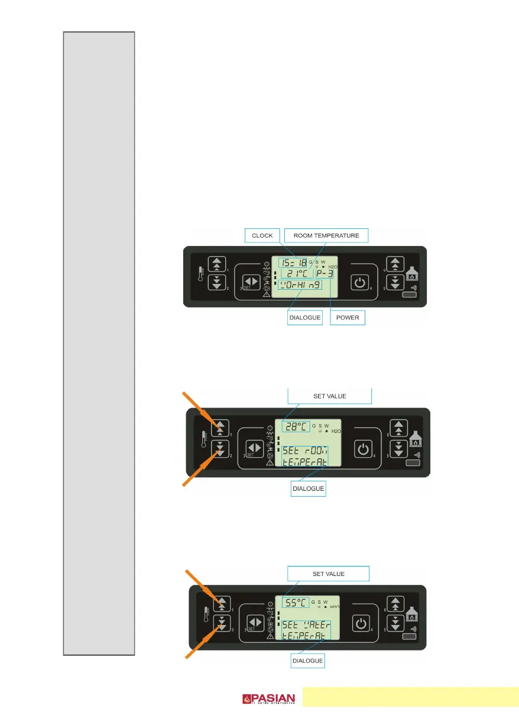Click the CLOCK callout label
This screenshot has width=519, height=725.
[262, 235]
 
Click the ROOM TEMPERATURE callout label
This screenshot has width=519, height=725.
[326, 235]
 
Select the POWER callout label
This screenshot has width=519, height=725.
[348, 318]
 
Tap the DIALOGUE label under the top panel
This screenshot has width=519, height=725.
[305, 318]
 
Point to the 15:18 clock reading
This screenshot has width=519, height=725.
[294, 261]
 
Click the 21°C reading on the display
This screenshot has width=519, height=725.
[296, 274]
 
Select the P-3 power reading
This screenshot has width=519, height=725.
[324, 274]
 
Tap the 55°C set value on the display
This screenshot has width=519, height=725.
[295, 603]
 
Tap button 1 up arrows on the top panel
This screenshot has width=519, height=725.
[218, 264]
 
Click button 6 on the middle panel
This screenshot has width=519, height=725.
[399, 428]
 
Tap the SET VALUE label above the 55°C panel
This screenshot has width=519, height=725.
[329, 574]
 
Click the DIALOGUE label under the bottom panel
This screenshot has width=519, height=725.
[308, 660]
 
